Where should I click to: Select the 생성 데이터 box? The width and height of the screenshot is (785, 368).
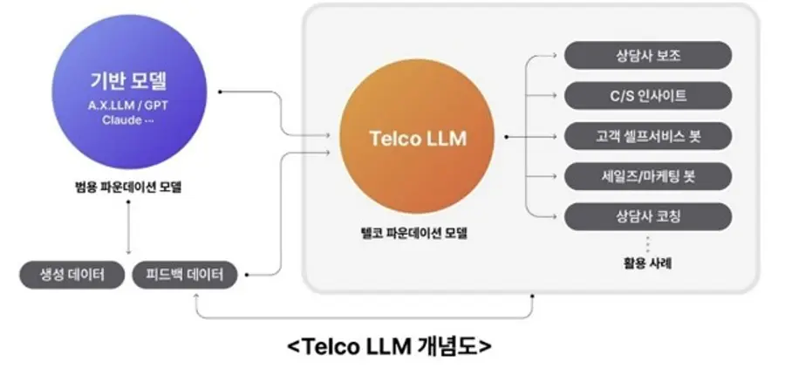pos(69,276)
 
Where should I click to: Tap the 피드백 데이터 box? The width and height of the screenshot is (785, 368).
pos(185,276)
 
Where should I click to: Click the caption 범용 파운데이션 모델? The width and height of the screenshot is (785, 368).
pos(128,187)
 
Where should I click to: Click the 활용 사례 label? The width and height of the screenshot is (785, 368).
pos(647,261)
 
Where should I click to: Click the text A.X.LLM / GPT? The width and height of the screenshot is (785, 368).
pos(128,104)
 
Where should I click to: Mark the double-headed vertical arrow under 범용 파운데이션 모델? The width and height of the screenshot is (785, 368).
pos(128,228)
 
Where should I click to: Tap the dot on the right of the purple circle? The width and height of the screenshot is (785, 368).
pos(221,91)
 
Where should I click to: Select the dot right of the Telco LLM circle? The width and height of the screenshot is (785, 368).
pos(507,137)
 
